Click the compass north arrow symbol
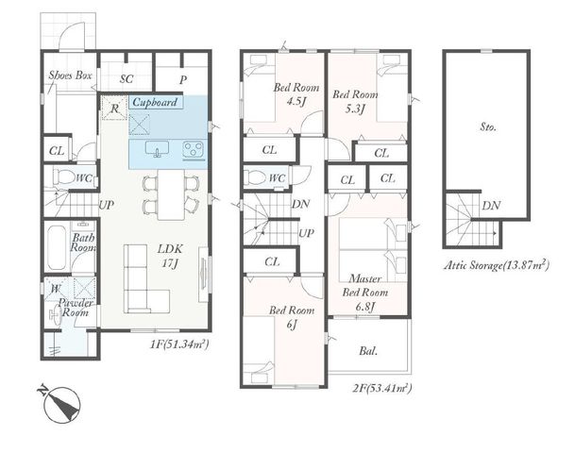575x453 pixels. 61,404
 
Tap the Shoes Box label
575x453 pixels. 70,75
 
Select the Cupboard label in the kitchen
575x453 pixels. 155,102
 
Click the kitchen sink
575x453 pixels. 158,149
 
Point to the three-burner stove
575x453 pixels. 194,150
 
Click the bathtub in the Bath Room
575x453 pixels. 58,247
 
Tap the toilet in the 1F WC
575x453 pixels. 64,177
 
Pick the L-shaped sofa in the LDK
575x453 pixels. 145,278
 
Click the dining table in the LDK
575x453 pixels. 171,194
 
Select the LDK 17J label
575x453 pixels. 170,256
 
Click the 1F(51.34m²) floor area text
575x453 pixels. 179,344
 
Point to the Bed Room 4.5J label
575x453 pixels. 296,94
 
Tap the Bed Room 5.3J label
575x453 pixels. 355,101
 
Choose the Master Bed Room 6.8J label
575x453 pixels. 364,293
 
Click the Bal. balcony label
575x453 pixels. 368,351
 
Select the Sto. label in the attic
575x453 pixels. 488,127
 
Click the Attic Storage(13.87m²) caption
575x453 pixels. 497,264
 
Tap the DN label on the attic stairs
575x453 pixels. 491,206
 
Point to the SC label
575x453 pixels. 127,78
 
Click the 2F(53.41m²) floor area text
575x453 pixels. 382,388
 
